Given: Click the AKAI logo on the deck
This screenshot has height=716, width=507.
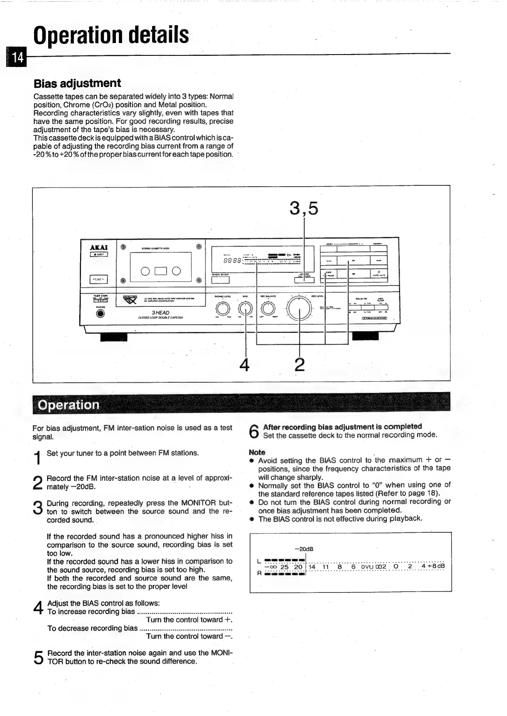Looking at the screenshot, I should tap(99, 247).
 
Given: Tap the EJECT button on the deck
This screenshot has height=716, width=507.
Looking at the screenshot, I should tap(99, 255).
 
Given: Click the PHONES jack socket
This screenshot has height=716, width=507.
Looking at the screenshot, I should tap(100, 314).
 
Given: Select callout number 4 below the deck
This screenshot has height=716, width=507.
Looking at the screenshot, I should tap(244, 364).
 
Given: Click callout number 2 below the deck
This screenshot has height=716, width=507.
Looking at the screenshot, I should tap(300, 364).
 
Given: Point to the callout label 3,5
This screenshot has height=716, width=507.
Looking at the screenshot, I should tap(303, 208).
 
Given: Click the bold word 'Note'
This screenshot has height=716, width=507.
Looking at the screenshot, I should tap(256, 452).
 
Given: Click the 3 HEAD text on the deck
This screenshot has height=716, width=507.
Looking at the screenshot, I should tap(160, 313).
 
